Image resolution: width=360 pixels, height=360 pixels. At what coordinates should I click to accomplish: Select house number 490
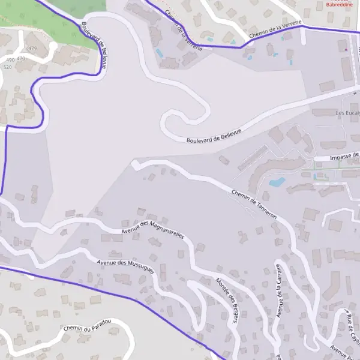pos(10,60)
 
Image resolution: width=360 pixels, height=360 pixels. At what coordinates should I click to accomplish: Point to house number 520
pos(7,67)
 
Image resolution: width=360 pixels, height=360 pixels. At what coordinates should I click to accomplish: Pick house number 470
pos(22,59)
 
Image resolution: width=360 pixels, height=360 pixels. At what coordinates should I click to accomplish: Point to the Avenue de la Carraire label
pos(279,292)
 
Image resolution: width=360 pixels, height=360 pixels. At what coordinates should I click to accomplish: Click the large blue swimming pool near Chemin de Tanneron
pos(277,182)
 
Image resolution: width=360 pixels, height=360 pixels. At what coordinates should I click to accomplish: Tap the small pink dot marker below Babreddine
pos(346,49)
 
